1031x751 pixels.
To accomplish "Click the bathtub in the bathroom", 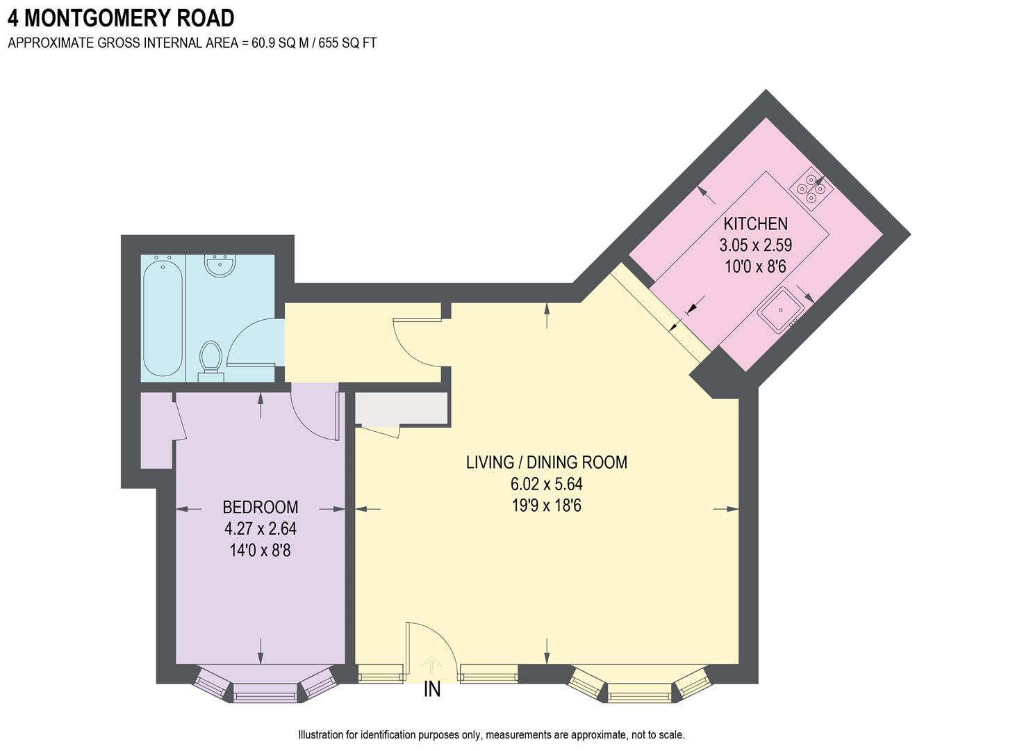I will tap(163, 317).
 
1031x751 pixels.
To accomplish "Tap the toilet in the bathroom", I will tap(211, 359).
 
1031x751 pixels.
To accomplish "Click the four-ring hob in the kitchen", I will tap(811, 187).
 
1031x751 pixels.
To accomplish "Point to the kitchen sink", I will tap(780, 310).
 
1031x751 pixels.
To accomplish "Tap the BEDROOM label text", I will tap(260, 507).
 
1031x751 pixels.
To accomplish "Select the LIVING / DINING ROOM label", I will tap(546, 462).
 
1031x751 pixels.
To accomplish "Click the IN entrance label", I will tap(432, 690).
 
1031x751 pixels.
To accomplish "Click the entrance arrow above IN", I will tap(431, 665).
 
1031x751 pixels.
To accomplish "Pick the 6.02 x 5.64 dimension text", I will tap(546, 484).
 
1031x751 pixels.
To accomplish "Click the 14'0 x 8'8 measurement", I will tap(260, 551).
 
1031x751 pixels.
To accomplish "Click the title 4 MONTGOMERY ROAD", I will tap(121, 17).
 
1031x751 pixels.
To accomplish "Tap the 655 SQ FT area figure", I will tap(347, 43).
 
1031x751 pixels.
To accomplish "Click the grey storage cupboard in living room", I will tap(401, 408).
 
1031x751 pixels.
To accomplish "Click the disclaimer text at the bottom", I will tap(491, 735).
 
